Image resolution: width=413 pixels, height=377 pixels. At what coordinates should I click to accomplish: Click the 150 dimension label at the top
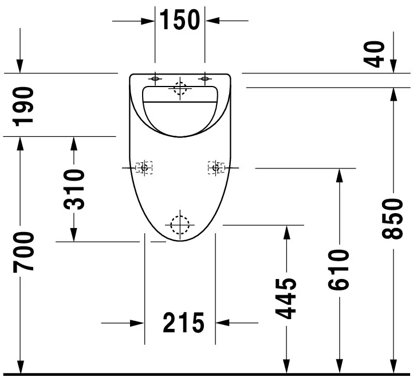179,20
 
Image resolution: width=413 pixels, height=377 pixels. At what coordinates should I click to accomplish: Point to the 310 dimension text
74,190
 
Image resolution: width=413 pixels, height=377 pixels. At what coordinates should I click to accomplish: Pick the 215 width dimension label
183,323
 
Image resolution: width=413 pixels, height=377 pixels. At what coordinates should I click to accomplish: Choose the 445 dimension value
286,298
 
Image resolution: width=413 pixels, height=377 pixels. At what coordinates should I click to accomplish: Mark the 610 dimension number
339,270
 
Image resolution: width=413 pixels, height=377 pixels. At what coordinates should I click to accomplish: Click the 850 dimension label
393,219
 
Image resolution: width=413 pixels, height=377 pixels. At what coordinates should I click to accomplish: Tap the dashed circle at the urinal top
180,88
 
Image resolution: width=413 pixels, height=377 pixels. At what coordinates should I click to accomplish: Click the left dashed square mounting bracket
144,167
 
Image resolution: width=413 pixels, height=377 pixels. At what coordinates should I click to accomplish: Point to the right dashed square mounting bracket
216,167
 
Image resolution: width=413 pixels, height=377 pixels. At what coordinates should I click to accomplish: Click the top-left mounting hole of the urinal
155,78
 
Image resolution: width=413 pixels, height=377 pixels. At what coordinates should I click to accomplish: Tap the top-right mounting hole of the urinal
204,78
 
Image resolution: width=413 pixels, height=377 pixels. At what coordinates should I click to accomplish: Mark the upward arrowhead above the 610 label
339,175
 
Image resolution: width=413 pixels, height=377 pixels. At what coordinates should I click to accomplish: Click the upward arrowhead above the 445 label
286,232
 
